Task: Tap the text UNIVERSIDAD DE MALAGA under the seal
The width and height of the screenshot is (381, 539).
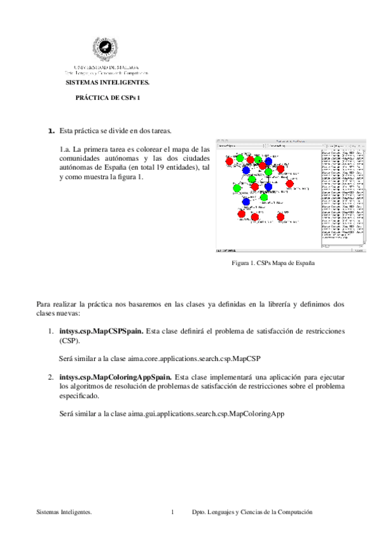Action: pyautogui.click(x=104, y=67)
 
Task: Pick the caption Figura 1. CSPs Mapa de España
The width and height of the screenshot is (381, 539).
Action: pyautogui.click(x=282, y=263)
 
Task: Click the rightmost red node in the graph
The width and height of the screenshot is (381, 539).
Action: pyautogui.click(x=289, y=184)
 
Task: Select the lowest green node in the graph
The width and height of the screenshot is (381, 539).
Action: pyautogui.click(x=264, y=198)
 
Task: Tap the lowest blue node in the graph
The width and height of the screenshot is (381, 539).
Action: pyautogui.click(x=246, y=201)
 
